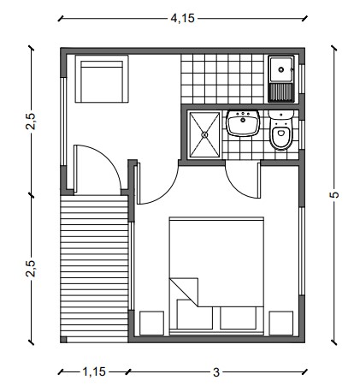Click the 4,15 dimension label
pos(182,19)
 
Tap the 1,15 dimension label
pos(94,372)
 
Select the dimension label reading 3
pos(216,372)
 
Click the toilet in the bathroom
pos(280,130)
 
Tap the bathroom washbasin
pos(243,123)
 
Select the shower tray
pos(204,134)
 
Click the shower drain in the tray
pos(204,134)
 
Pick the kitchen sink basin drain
pos(281,69)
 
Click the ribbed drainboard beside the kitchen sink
pos(281,92)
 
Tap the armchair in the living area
pos(102,79)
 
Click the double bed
pos(216,276)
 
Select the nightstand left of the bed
pos(151,323)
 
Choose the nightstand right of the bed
pos(281,323)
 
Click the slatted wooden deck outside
pos(94,269)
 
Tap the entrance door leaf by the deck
pos(75,169)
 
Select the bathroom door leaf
pos(259,180)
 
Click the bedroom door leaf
pos(139,183)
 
